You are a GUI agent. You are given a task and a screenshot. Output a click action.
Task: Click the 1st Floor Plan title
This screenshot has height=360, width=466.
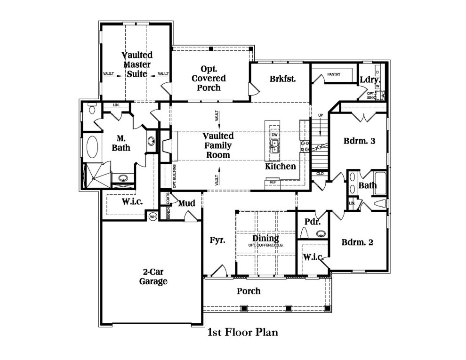click(243, 333)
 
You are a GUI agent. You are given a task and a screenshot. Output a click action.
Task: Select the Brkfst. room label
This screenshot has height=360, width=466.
click(283, 79)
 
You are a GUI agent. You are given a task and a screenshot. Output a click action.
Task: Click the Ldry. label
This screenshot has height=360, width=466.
click(370, 80)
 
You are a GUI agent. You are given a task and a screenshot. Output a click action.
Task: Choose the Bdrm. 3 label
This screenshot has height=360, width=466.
click(359, 140)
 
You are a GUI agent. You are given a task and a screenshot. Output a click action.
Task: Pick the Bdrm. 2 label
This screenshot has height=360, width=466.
click(357, 242)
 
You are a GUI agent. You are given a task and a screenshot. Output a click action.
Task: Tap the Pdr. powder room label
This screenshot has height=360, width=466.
click(312, 221)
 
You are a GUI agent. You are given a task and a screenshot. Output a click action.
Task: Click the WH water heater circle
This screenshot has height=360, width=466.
click(153, 217)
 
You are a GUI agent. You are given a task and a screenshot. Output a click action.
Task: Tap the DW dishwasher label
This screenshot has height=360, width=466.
click(275, 135)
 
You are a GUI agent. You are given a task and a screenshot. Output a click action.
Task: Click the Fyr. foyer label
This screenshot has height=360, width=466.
click(217, 240)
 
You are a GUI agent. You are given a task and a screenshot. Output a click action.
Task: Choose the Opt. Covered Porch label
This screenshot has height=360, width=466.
click(209, 78)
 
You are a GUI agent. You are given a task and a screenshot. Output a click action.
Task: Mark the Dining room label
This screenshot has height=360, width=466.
click(265, 238)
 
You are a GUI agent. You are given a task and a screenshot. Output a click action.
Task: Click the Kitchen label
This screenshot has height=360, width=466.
click(281, 166)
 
